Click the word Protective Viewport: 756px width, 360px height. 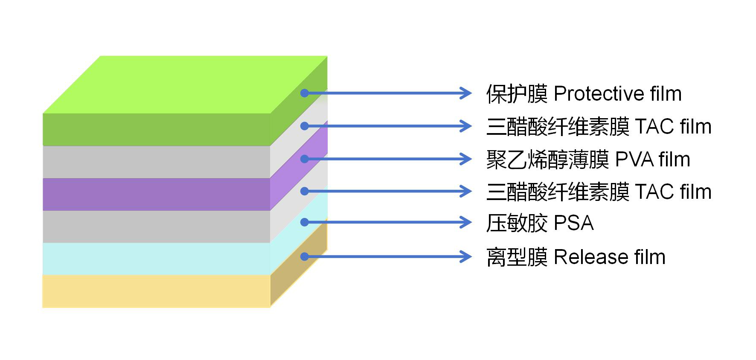pos(598,94)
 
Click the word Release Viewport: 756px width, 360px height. pos(590,257)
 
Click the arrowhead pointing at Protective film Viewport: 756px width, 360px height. pos(465,93)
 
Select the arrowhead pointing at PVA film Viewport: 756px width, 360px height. pos(465,159)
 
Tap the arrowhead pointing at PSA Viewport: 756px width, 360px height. pos(465,222)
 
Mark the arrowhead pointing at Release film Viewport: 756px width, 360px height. pos(465,257)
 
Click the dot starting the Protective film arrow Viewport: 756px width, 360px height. pos(304,93)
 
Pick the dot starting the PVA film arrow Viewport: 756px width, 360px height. pos(304,159)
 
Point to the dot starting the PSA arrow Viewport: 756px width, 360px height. pos(304,222)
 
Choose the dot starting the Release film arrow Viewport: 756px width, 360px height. pos(304,256)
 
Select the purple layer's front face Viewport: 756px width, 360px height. pos(156,194)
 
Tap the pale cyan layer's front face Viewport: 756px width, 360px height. pos(156,258)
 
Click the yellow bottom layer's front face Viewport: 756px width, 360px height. pos(156,291)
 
